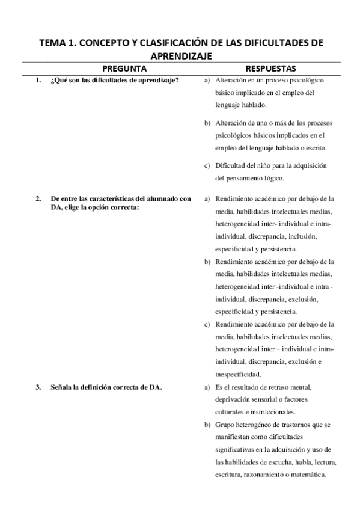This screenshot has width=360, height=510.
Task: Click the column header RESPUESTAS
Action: click(x=270, y=68)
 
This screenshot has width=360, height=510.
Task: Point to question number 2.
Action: click(x=38, y=198)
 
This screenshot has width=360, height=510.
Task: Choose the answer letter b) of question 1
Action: click(x=207, y=123)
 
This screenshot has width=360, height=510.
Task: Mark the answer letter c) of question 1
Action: click(x=207, y=166)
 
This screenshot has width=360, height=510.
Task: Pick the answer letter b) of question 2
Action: click(x=207, y=262)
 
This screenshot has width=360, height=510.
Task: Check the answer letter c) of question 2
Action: click(x=207, y=324)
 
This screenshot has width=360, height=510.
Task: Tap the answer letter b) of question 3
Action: click(x=207, y=425)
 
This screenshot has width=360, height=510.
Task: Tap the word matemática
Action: click(x=309, y=474)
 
